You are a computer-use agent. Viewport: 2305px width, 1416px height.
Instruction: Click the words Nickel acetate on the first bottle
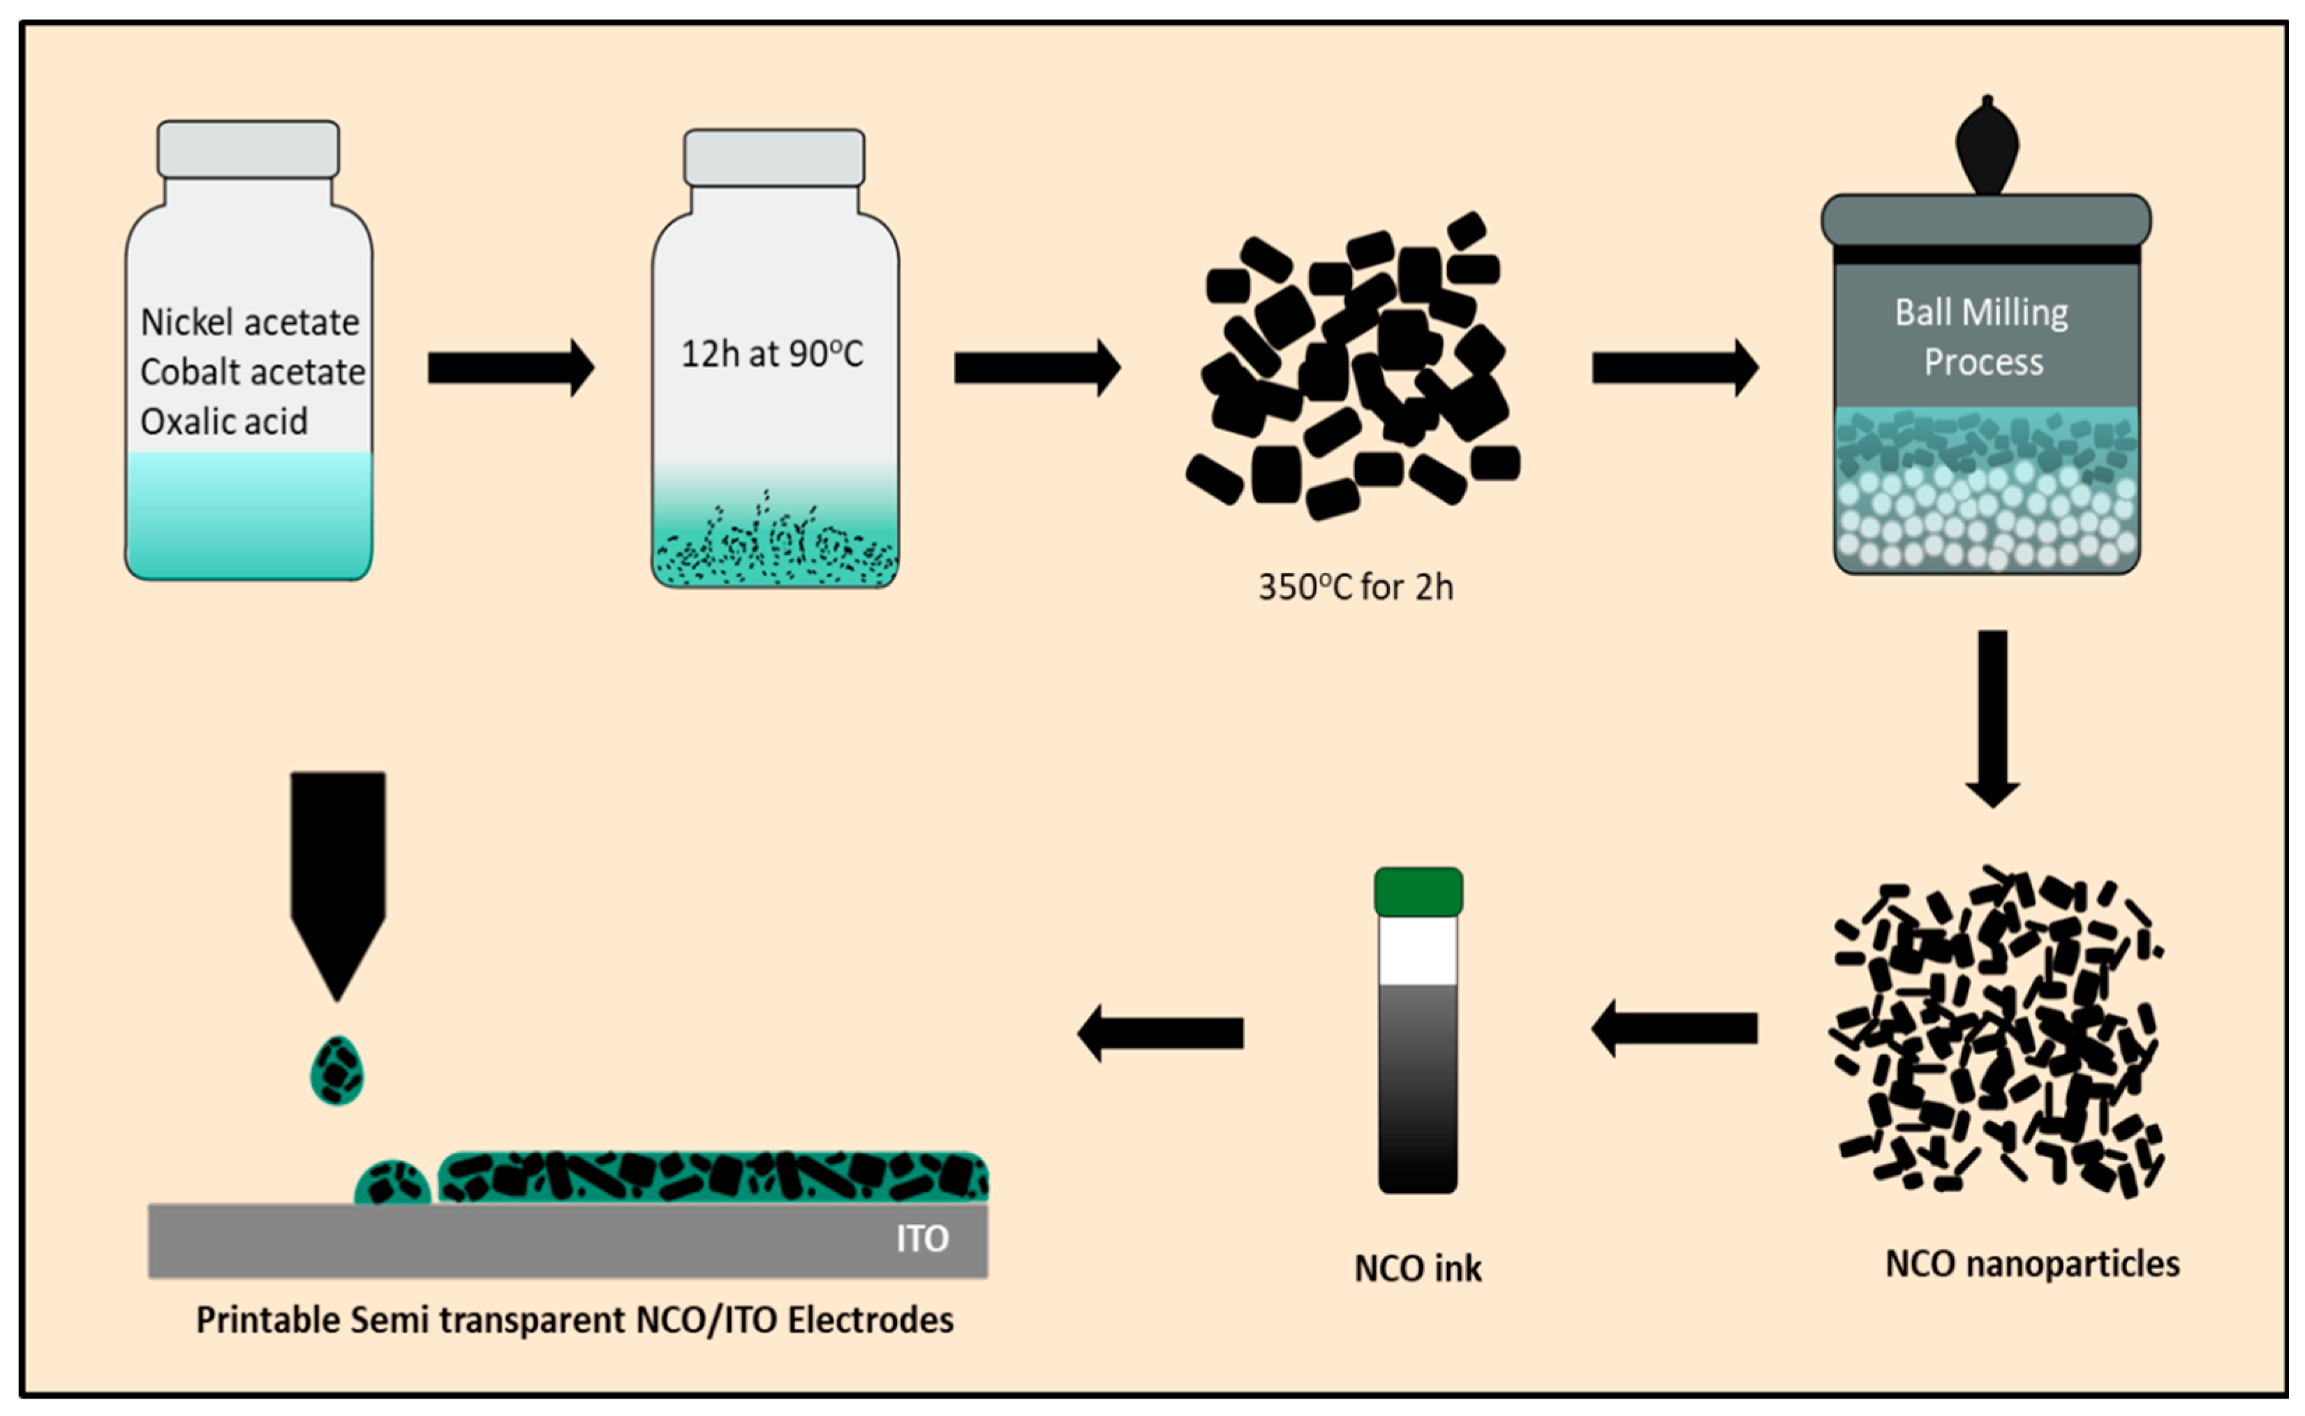point(249,322)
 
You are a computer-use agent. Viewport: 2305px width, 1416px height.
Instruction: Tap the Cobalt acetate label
point(252,372)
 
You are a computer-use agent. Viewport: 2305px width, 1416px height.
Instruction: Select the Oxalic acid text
point(224,422)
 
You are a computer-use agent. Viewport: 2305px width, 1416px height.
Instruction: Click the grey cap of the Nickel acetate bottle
point(249,149)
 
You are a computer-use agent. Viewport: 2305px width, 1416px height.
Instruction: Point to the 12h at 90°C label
point(772,354)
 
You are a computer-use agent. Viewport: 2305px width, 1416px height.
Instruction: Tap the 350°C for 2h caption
point(1355,587)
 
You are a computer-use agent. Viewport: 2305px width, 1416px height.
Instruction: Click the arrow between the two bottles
point(510,368)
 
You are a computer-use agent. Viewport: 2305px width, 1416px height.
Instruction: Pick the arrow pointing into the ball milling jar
point(1674,368)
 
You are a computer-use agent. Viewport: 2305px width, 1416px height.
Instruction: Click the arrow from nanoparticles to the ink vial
point(1674,1028)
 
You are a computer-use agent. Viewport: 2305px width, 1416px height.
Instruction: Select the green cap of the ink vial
point(1418,892)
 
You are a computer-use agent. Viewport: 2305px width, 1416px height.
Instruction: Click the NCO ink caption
point(1418,1268)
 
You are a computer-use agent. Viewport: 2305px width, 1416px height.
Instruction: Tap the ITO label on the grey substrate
point(923,1239)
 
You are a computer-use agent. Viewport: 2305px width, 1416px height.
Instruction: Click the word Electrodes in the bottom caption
point(870,1320)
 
